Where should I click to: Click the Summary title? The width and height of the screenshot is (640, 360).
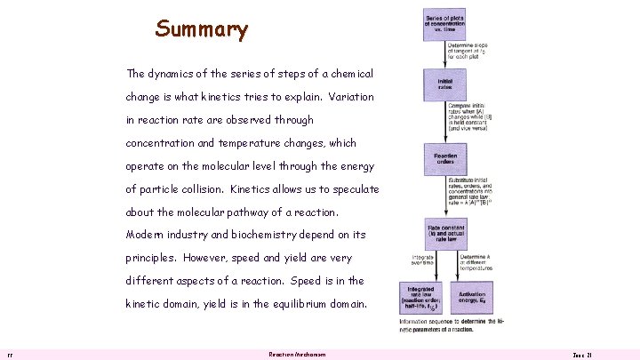point(202,29)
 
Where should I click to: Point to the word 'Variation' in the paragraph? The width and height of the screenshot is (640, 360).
point(345,97)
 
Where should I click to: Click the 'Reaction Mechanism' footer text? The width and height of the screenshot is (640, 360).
point(297,354)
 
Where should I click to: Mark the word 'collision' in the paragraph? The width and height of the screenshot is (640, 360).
point(194,189)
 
